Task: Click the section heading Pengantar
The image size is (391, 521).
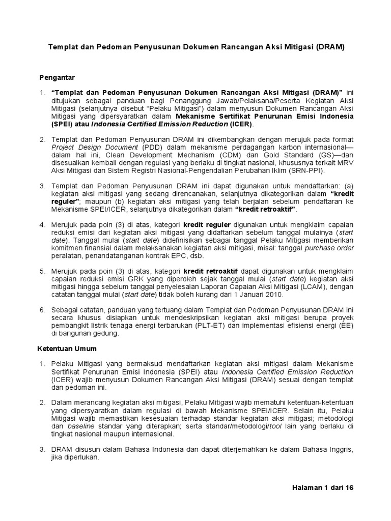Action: [58, 77]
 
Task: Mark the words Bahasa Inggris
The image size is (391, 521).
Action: [328, 450]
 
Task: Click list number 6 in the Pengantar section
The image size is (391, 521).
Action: [42, 310]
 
